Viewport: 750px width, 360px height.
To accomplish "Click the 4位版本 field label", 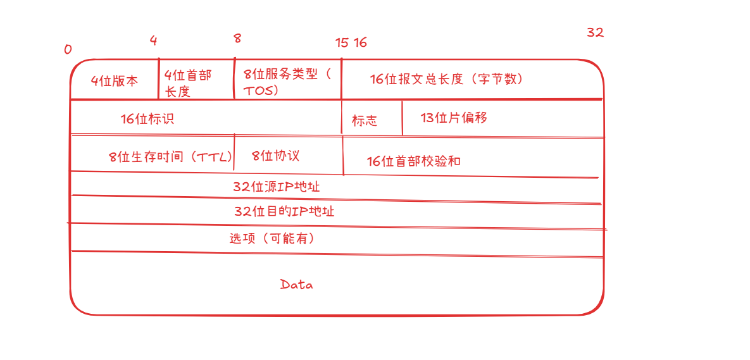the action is pos(114,81).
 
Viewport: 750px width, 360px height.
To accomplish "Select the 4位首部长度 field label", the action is pos(188,83).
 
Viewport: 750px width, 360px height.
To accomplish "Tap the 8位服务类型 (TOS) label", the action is pos(286,82).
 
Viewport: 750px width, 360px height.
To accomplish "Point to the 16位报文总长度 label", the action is pos(446,79).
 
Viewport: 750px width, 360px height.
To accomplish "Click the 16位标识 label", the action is pos(147,119).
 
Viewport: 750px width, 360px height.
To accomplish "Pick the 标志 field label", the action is pos(364,121).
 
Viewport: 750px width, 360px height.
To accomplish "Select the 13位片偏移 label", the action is pos(454,118).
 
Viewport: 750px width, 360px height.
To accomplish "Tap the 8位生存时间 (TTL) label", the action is pos(170,157).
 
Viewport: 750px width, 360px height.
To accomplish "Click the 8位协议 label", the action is pos(275,156).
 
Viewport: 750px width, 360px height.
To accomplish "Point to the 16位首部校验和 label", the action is pos(413,161).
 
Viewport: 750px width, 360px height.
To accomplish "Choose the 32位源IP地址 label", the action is pos(277,187).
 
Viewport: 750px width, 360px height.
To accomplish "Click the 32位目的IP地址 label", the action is pos(284,211).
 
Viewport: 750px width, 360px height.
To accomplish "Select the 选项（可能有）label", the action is pos(272,239).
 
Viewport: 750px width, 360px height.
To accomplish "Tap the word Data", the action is pos(296,285).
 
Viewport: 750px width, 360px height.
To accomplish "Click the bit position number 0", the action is pos(68,49).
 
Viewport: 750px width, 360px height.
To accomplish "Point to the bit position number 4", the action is pos(153,40).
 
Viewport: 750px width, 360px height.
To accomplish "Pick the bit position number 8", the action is pos(237,39).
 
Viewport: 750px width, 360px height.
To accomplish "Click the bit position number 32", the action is pos(595,33).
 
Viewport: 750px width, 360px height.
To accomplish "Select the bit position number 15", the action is pos(342,43).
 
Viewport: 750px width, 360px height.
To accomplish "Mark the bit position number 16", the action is pos(360,43).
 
